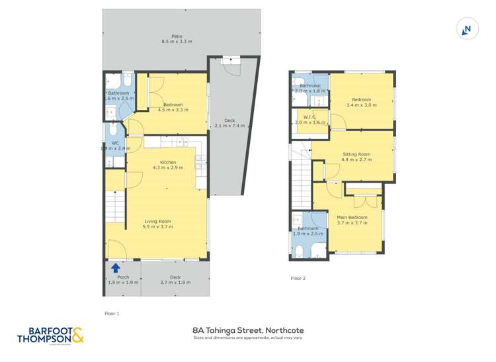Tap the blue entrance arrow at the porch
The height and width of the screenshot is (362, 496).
(x=116, y=268)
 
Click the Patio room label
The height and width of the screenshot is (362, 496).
(x=177, y=36)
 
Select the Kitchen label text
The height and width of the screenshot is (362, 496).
(x=167, y=162)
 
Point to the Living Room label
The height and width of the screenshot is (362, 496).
(x=158, y=221)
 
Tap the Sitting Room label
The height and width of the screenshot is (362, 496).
(x=356, y=154)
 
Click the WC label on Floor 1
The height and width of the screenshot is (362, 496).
(x=114, y=143)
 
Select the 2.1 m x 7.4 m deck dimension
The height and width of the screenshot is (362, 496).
(x=229, y=126)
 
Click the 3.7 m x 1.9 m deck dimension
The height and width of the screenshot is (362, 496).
(x=175, y=283)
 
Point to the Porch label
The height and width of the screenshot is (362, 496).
(x=123, y=277)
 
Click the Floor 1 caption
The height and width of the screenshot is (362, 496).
(x=112, y=313)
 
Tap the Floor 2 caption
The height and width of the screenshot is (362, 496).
(x=298, y=278)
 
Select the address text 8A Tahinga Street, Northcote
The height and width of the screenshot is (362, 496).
(x=248, y=329)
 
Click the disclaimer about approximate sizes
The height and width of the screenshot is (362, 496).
(x=248, y=338)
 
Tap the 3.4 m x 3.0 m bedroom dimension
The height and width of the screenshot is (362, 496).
(x=361, y=105)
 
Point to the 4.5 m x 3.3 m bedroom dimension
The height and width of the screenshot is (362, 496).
(x=173, y=110)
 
